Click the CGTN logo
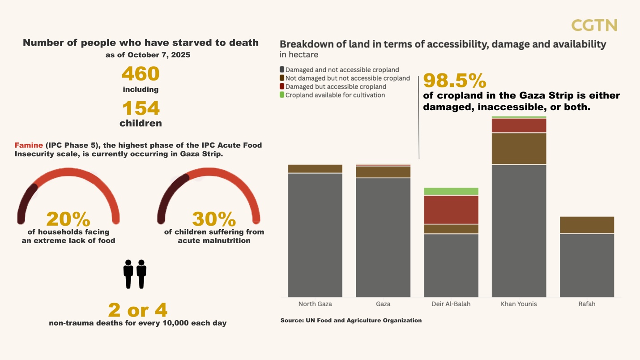[594, 26]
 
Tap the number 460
[141, 74]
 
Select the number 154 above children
[141, 108]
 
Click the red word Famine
[29, 146]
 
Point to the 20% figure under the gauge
[68, 219]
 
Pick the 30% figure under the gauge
[214, 219]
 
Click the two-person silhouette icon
[135, 274]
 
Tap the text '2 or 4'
[137, 310]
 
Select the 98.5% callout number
[454, 81]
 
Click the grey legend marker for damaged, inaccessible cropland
[282, 70]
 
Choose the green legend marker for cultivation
[282, 95]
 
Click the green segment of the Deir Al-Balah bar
[451, 192]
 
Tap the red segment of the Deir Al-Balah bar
[451, 210]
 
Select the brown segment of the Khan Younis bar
[519, 149]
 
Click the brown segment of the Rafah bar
[587, 225]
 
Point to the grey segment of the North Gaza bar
[315, 235]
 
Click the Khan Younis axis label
[519, 304]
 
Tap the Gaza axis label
[383, 304]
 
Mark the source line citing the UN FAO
[351, 321]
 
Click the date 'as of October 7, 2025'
[148, 55]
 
